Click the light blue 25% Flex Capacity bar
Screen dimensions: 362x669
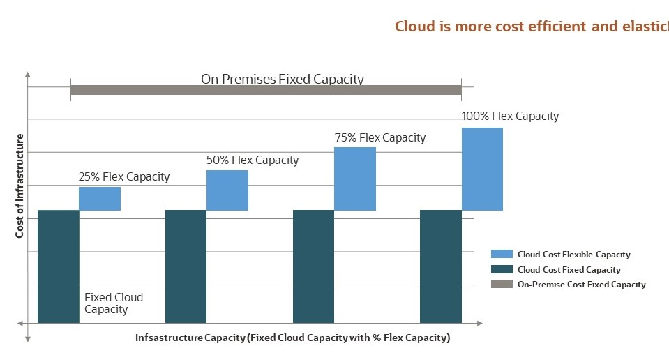click(100, 199)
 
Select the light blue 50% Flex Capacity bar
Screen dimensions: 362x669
click(227, 190)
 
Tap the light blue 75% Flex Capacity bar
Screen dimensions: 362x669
click(355, 179)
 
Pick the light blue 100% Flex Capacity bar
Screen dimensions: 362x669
click(482, 169)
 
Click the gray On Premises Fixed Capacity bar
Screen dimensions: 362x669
click(266, 90)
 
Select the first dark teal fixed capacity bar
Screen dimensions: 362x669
click(58, 266)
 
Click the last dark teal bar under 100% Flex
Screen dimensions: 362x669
click(440, 266)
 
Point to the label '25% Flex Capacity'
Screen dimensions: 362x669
click(124, 176)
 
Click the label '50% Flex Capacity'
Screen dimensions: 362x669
click(253, 160)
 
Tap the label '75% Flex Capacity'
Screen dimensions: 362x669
click(380, 137)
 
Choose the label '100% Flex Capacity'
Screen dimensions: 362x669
click(511, 116)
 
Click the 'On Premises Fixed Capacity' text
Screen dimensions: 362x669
click(283, 79)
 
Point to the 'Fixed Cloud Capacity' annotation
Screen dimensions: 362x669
click(114, 303)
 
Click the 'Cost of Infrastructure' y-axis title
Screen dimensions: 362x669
click(20, 186)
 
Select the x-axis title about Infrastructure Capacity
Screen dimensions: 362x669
click(293, 338)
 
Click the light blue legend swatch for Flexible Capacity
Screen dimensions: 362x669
click(502, 255)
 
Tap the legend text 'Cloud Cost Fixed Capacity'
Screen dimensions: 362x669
click(569, 269)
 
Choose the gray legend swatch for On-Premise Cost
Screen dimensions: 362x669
click(502, 284)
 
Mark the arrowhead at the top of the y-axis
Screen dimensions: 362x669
click(27, 73)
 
